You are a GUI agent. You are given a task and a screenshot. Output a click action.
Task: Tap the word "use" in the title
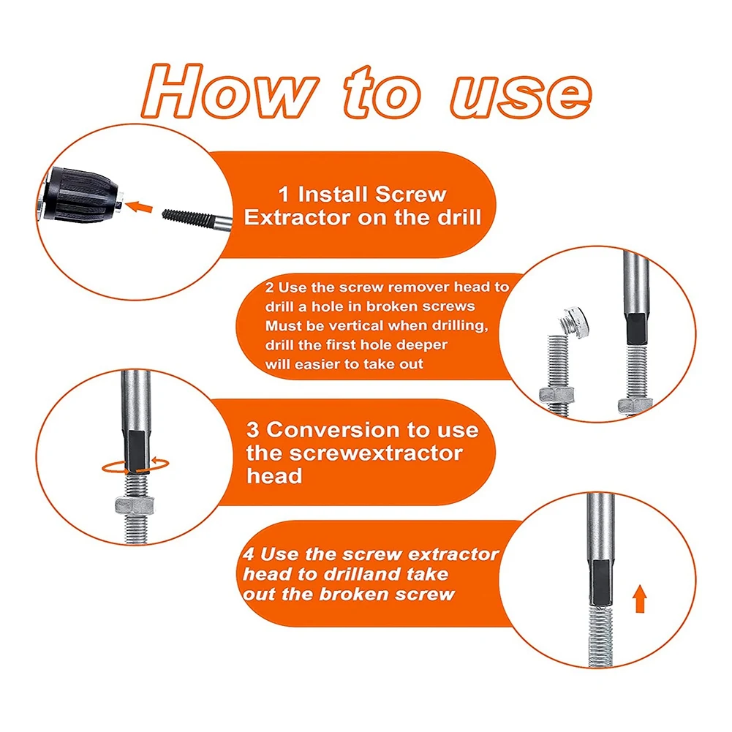click(x=521, y=97)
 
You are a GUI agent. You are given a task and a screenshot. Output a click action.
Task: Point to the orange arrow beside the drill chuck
click(x=139, y=206)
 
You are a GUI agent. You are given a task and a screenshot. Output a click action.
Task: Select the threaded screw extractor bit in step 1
click(x=197, y=219)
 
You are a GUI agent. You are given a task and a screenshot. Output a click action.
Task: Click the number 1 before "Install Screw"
click(x=284, y=195)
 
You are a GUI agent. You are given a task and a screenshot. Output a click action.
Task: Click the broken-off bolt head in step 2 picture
click(x=574, y=322)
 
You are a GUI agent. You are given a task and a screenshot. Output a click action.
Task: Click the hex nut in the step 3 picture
click(x=135, y=505)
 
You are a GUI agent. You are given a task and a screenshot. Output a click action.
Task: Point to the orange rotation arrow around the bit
click(x=135, y=466)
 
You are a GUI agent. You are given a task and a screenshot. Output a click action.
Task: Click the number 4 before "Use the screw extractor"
click(x=249, y=554)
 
